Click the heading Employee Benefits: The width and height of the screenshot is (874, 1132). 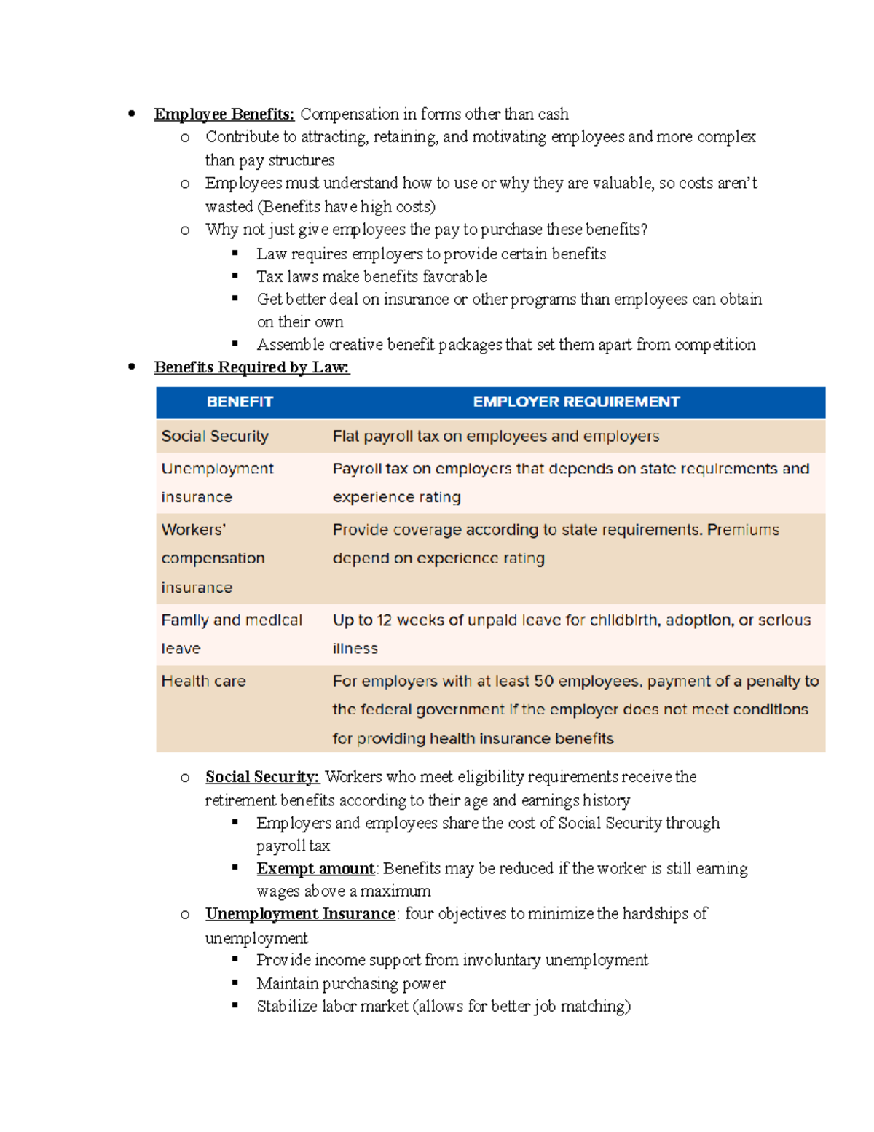[x=224, y=114]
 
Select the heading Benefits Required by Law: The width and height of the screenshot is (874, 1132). [x=251, y=367]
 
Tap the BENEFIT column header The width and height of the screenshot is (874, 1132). [x=240, y=402]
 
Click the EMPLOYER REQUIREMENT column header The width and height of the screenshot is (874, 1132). [x=576, y=402]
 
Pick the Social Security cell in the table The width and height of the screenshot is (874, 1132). [x=215, y=436]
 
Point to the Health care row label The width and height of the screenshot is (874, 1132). [x=203, y=681]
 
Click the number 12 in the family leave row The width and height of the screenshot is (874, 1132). [x=384, y=620]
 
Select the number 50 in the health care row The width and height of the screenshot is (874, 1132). [x=543, y=681]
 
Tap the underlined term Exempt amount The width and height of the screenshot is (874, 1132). [x=315, y=869]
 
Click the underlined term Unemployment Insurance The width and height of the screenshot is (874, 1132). [x=300, y=914]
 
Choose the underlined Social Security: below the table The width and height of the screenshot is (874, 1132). [x=262, y=777]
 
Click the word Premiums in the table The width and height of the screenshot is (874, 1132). [x=742, y=530]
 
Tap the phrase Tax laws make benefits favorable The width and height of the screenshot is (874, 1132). [x=371, y=277]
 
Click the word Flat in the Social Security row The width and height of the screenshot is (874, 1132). [x=345, y=436]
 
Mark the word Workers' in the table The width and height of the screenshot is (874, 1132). [x=193, y=530]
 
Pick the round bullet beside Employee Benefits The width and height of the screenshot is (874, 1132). [x=132, y=114]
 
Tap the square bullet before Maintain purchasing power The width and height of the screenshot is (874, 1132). [x=235, y=983]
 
